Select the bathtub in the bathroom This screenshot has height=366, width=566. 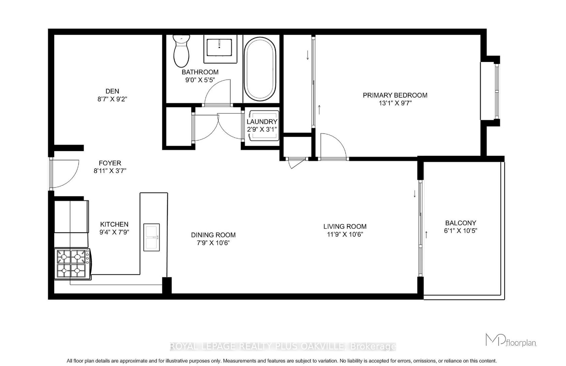point(260,69)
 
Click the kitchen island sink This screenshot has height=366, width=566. point(152,237)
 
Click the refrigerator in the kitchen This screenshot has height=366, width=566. point(71,217)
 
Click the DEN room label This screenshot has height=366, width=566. point(112,91)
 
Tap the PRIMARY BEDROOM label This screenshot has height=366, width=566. point(395,95)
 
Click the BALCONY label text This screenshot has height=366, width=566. point(461,223)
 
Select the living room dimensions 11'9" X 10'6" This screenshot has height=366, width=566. point(345,234)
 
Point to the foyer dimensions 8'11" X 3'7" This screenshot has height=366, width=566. point(110,171)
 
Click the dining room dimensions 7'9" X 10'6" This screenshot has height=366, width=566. point(213,243)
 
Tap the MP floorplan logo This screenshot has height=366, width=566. point(511,340)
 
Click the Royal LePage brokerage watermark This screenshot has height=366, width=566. point(283,346)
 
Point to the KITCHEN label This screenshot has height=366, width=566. point(114,224)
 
